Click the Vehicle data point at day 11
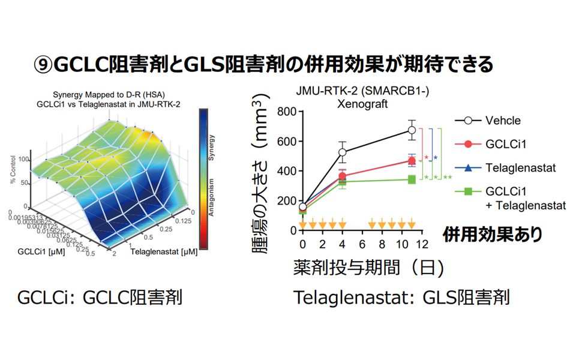click(x=412, y=130)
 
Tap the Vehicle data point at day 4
click(x=342, y=152)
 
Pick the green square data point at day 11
click(x=412, y=179)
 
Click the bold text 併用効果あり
click(x=493, y=234)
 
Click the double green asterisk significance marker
click(x=448, y=178)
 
